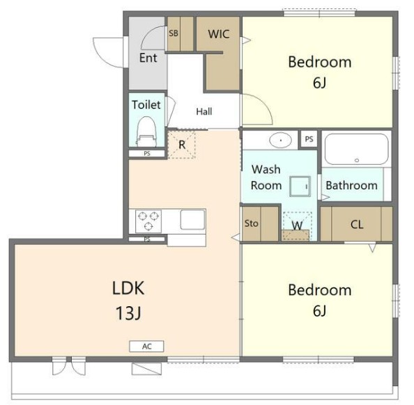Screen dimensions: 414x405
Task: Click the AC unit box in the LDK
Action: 146,347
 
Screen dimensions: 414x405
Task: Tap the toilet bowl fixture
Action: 147,132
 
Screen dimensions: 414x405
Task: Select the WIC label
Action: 219,34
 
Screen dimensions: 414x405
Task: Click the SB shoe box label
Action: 174,33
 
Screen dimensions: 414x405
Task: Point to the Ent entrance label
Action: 148,58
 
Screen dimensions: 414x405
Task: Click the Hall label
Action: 204,111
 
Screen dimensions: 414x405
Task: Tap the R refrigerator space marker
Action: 182,145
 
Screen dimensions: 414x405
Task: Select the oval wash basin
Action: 280,140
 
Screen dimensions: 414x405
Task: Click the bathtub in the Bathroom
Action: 356,149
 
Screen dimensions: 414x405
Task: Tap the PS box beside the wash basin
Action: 309,139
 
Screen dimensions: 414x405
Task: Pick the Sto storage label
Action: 251,223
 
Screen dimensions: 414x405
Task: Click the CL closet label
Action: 357,225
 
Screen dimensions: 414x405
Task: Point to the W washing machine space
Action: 298,226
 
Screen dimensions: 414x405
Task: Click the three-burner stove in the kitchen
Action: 148,221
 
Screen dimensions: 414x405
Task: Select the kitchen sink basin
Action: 192,220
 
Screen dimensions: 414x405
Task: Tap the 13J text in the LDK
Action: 128,314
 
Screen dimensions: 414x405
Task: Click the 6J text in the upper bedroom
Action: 319,83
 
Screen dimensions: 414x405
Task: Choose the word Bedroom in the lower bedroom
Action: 320,290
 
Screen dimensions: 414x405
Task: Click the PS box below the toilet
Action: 147,154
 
